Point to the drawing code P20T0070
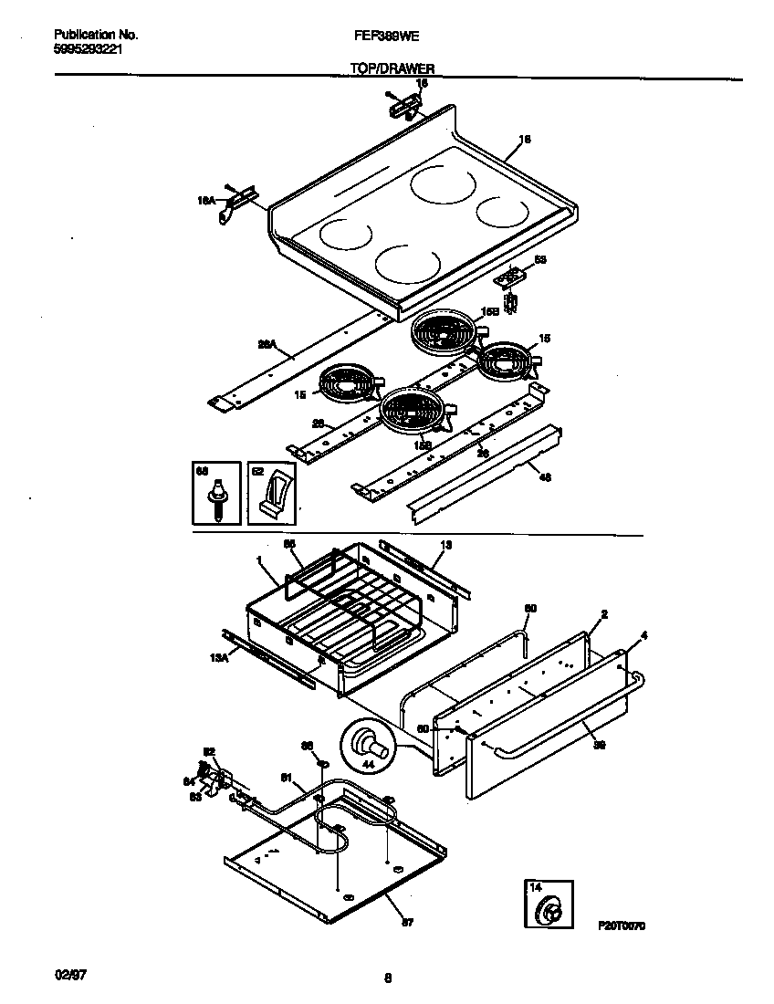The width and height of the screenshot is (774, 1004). pos(622,925)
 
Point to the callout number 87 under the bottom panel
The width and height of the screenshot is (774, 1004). pos(407,922)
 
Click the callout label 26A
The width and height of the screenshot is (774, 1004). pos(266,345)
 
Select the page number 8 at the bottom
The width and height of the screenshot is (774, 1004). pos(388,978)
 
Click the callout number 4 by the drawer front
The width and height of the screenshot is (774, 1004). pos(644,634)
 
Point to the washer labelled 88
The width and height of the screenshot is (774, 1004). pos(320,760)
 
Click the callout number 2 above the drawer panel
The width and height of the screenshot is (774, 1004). pos(604,613)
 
